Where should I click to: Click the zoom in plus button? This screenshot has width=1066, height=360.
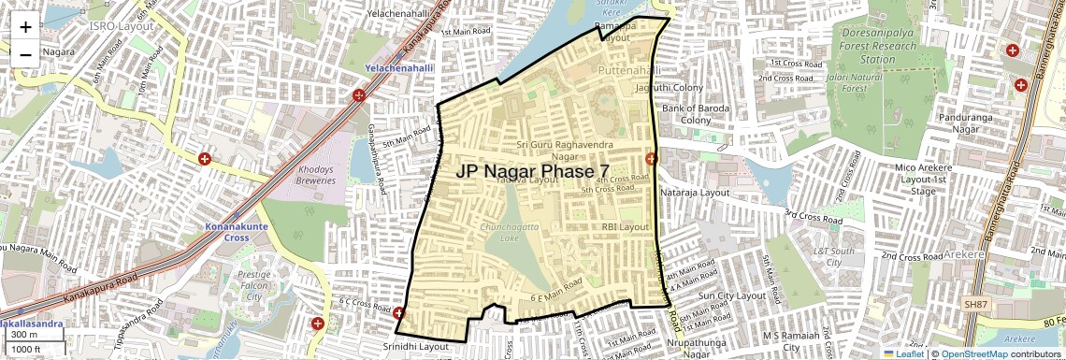click(x=25, y=26)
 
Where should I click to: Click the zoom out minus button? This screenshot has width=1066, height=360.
click(x=25, y=54)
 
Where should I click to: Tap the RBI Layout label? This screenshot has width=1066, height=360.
click(x=625, y=226)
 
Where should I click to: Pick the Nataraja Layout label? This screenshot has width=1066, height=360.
click(x=695, y=192)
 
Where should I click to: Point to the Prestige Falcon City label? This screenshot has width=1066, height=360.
click(x=252, y=285)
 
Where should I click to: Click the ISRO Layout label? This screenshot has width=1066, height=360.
click(x=121, y=26)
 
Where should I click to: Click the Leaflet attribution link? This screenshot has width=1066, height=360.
click(x=903, y=353)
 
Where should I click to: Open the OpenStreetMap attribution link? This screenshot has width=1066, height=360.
click(x=973, y=353)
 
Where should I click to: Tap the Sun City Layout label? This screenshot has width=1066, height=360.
click(x=732, y=295)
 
